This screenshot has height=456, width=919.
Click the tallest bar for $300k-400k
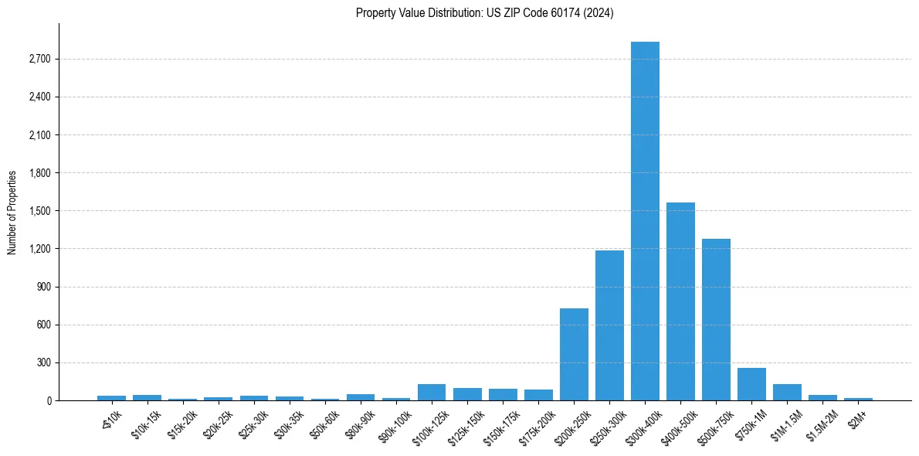[645, 221]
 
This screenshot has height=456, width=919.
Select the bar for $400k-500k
[680, 301]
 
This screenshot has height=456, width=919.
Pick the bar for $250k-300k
[609, 325]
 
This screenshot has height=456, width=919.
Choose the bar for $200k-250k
[574, 354]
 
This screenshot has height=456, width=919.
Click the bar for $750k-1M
[751, 384]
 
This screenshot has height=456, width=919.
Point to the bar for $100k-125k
[432, 393]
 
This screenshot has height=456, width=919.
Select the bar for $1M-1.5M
[787, 393]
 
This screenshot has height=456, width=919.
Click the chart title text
[484, 13]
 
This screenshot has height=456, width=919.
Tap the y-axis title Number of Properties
[12, 213]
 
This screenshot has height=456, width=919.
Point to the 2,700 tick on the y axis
[39, 60]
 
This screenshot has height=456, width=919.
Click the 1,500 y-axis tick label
[39, 211]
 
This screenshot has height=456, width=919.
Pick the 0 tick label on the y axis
[48, 400]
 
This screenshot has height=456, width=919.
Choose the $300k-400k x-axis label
[643, 422]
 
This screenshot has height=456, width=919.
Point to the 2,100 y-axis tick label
[39, 135]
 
